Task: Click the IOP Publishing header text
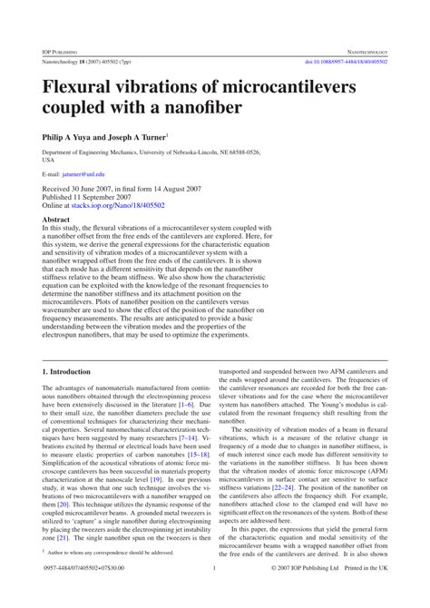60,52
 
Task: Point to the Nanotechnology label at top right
360,52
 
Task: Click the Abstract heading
56,220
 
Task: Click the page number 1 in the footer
214,593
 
